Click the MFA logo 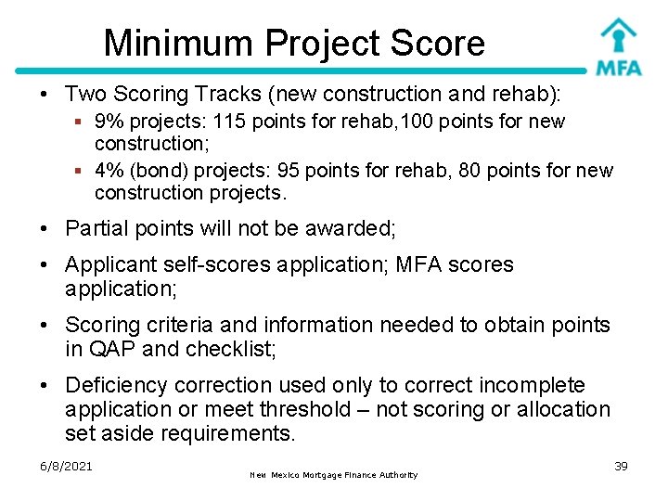click(x=618, y=46)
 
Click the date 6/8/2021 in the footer click(x=67, y=466)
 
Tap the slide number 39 click(x=621, y=466)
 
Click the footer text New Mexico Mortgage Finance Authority click(x=334, y=475)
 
